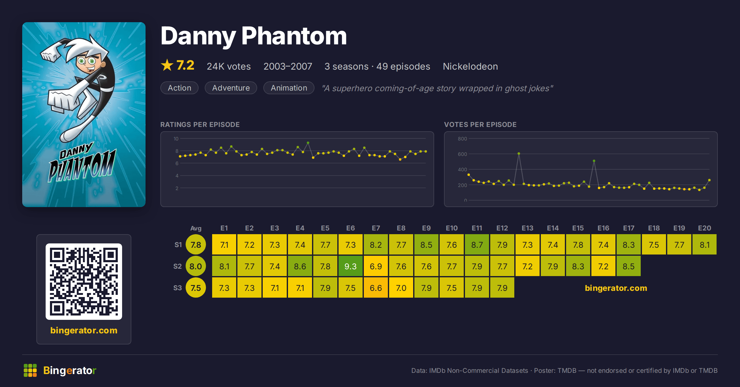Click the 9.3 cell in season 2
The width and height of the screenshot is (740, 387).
[x=350, y=266]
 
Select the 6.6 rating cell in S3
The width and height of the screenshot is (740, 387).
[x=376, y=287]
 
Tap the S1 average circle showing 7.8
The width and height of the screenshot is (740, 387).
[x=195, y=244]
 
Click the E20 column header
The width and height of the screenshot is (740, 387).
[x=704, y=228]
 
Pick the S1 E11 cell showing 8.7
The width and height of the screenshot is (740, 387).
[x=477, y=244]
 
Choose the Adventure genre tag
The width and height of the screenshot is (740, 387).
[x=231, y=88]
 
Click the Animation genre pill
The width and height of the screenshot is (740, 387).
[x=289, y=88]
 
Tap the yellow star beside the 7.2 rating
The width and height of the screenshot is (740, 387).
[x=167, y=65]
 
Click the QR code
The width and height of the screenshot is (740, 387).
[x=84, y=281]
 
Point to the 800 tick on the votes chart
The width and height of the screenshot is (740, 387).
[x=462, y=139]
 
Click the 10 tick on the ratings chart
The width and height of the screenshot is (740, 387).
[x=176, y=139]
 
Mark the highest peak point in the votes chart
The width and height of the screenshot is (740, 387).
[x=519, y=153]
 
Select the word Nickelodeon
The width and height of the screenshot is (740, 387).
[x=470, y=66]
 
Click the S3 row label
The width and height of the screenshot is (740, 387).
[x=178, y=288]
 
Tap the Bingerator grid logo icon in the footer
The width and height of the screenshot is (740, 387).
[x=30, y=370]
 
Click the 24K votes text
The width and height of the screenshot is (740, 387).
[x=229, y=66]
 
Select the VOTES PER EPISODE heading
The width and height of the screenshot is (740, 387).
[x=480, y=124]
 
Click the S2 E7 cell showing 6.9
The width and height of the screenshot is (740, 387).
[x=376, y=266]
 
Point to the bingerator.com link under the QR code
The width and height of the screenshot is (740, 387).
[x=84, y=330]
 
